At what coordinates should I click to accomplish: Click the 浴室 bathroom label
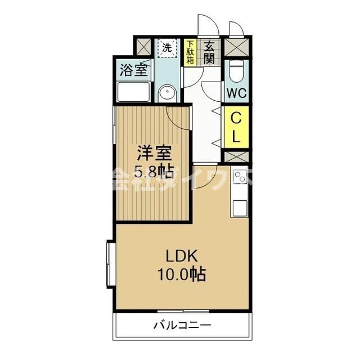(133, 70)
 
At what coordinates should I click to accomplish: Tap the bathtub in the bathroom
(133, 92)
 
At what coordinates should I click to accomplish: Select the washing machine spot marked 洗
(167, 47)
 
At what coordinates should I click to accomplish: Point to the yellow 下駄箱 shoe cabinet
(191, 52)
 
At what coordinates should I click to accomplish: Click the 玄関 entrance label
(209, 52)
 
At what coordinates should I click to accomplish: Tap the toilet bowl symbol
(236, 71)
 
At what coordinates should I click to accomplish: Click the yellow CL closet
(236, 127)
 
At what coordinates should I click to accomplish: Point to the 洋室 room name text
(152, 152)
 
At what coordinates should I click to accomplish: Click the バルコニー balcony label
(182, 325)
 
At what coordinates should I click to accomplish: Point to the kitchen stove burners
(240, 177)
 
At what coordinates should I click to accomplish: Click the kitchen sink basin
(240, 207)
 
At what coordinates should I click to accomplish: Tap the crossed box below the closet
(236, 156)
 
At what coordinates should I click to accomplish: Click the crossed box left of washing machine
(143, 46)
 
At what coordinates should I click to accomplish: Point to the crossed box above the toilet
(236, 46)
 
